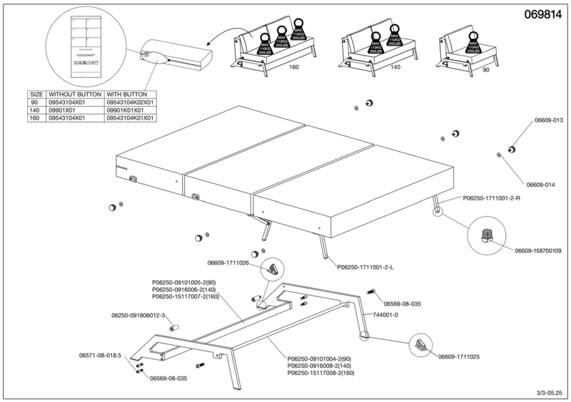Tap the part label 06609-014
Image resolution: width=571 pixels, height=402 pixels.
pyautogui.click(x=535, y=185)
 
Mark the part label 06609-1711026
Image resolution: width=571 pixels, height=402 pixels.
pyautogui.click(x=228, y=263)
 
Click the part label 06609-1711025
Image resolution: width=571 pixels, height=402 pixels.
pyautogui.click(x=458, y=356)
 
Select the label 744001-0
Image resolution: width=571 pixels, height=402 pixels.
pyautogui.click(x=386, y=314)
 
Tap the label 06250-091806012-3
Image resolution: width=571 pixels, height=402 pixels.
pyautogui.click(x=138, y=315)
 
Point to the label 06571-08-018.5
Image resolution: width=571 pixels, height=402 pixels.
pyautogui.click(x=101, y=354)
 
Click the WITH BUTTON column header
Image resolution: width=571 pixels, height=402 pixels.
pyautogui.click(x=126, y=93)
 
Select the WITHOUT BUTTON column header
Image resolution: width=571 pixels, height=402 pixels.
pyautogui.click(x=74, y=93)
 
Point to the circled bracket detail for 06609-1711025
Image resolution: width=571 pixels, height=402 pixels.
pyautogui.click(x=421, y=345)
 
